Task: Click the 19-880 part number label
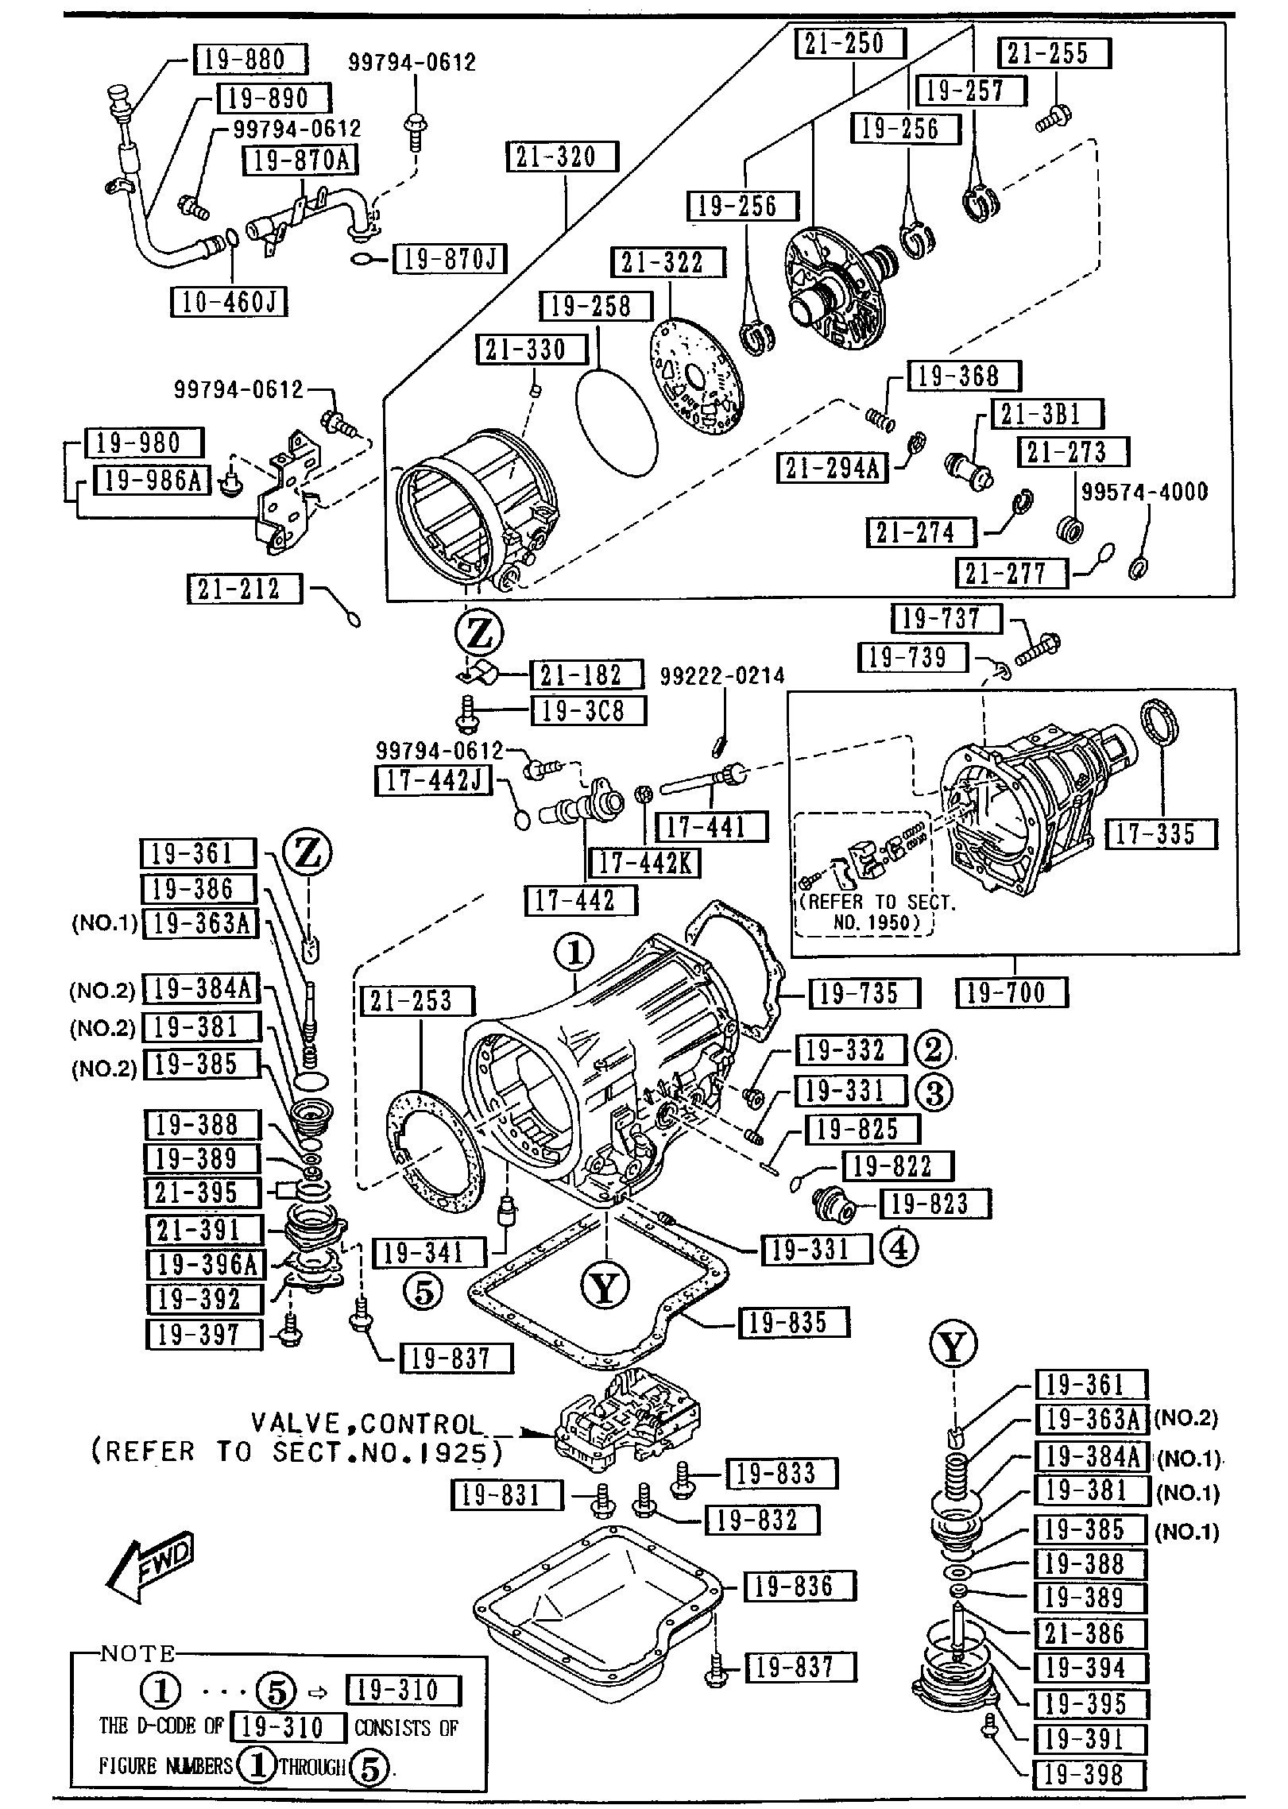250,60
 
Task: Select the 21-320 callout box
562,157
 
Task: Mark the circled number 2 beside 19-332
933,1049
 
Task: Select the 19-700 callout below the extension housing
1012,992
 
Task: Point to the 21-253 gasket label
417,1001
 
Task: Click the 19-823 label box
934,1204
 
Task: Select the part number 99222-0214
722,676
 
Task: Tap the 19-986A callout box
153,479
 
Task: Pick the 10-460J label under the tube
229,302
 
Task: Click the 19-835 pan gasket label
794,1323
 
